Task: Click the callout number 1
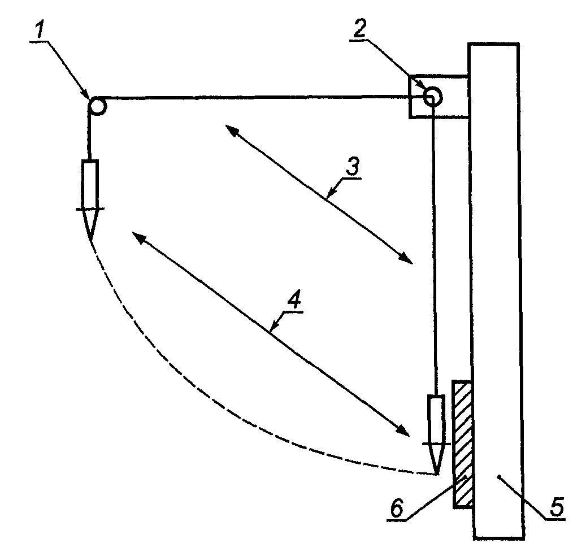[39, 29]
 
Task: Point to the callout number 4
[295, 299]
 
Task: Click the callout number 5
[557, 508]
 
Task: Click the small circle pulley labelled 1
[98, 106]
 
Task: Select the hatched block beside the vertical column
[463, 444]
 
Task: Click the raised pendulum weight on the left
[90, 194]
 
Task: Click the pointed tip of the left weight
[90, 238]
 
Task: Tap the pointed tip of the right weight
[436, 474]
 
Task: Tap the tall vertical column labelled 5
[496, 291]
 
